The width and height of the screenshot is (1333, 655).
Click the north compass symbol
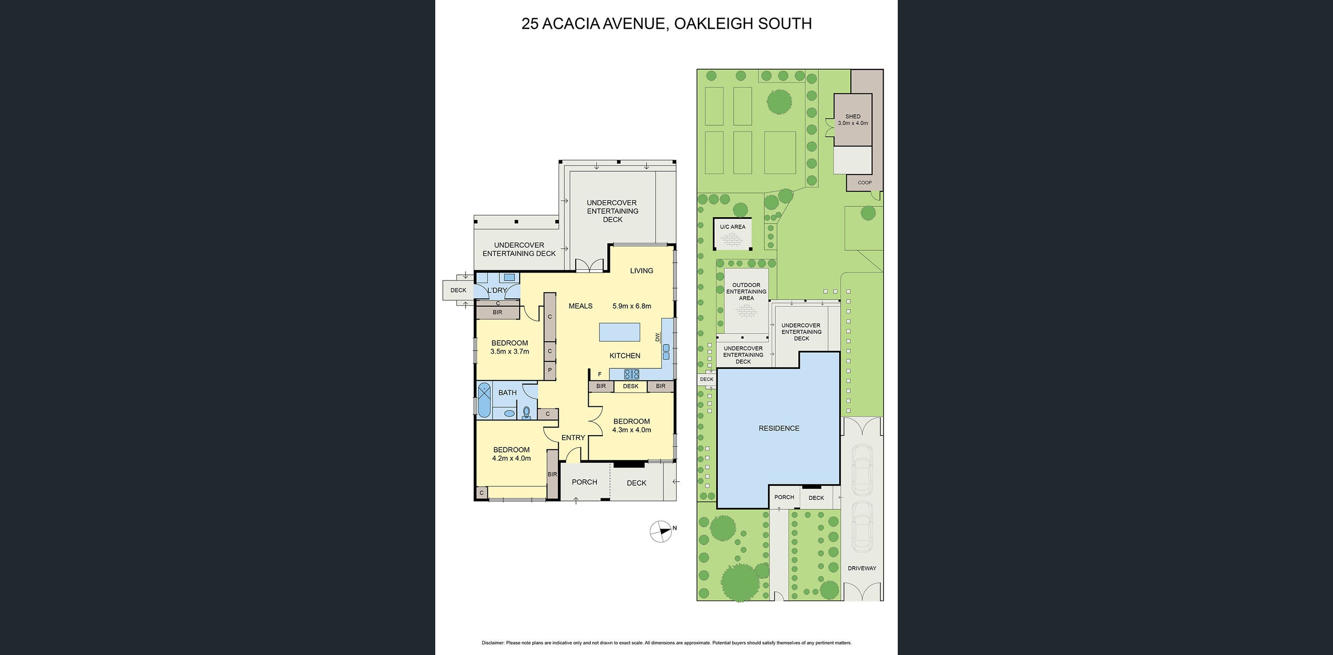661,531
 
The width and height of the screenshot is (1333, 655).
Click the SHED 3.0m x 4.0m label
853,120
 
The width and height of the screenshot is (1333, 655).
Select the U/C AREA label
732,227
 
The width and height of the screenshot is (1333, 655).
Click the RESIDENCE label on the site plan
779,428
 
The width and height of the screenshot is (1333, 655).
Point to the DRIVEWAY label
861,568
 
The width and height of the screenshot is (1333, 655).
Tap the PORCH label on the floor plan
584,482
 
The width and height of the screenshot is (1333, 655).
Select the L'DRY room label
497,291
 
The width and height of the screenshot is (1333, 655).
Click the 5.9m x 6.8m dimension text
631,306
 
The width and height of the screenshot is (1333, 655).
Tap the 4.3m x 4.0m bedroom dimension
631,430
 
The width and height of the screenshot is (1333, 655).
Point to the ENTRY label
573,438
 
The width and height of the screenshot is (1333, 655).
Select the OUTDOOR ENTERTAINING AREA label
746,292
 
